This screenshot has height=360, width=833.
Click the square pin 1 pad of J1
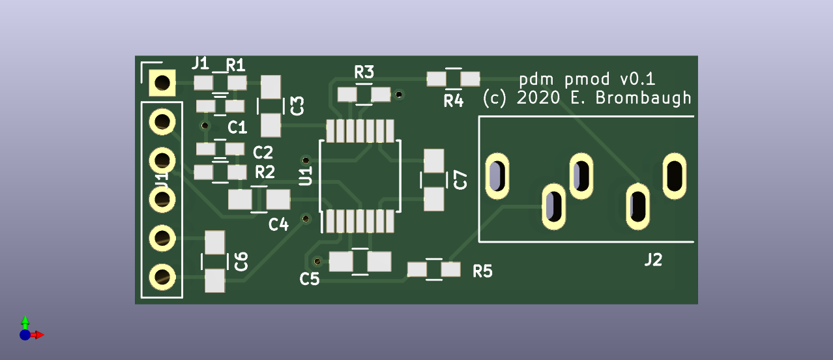pyautogui.click(x=161, y=83)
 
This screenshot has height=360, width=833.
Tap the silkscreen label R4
pyautogui.click(x=453, y=101)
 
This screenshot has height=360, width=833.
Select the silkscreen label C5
pyautogui.click(x=310, y=279)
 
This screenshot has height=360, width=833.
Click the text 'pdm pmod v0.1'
pyautogui.click(x=587, y=80)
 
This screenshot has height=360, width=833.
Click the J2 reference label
pyautogui.click(x=653, y=260)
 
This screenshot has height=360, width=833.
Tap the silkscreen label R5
pyautogui.click(x=482, y=271)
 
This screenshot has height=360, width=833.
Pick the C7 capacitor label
pyautogui.click(x=461, y=179)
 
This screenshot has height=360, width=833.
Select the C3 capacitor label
pyautogui.click(x=297, y=105)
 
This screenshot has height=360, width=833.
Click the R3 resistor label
pyautogui.click(x=364, y=72)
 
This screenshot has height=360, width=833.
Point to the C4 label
pyautogui.click(x=278, y=224)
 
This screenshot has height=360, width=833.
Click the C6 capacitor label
pyautogui.click(x=241, y=262)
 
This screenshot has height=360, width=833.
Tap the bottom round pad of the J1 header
pyautogui.click(x=161, y=277)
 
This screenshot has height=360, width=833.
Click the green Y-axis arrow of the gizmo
pyautogui.click(x=25, y=321)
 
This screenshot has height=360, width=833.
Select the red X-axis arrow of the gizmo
pyautogui.click(x=38, y=335)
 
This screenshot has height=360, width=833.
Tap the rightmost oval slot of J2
pyautogui.click(x=674, y=175)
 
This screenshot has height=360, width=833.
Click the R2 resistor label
pyautogui.click(x=265, y=172)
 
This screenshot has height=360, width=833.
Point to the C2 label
pyautogui.click(x=263, y=153)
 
